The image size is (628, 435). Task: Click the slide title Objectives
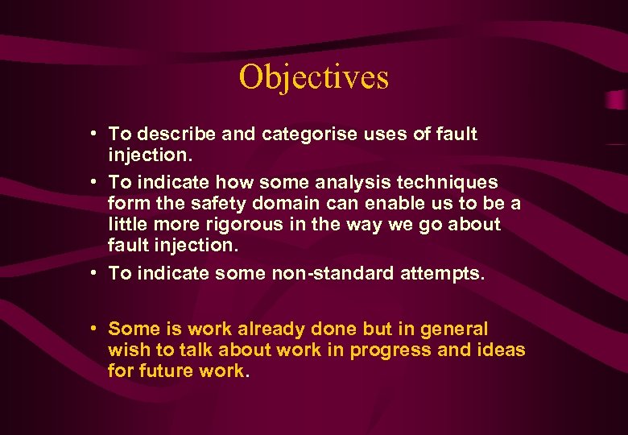click(x=313, y=77)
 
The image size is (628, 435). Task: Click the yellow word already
click(x=271, y=329)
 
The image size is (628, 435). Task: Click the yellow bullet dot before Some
click(x=95, y=329)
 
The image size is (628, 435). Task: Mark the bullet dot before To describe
click(x=95, y=134)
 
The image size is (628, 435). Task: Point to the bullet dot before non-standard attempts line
click(x=95, y=273)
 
